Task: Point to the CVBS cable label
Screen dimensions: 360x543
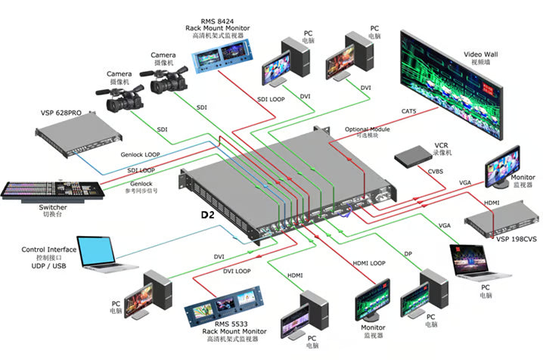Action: (x=435, y=172)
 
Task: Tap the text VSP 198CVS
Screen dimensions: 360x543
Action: (x=518, y=239)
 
